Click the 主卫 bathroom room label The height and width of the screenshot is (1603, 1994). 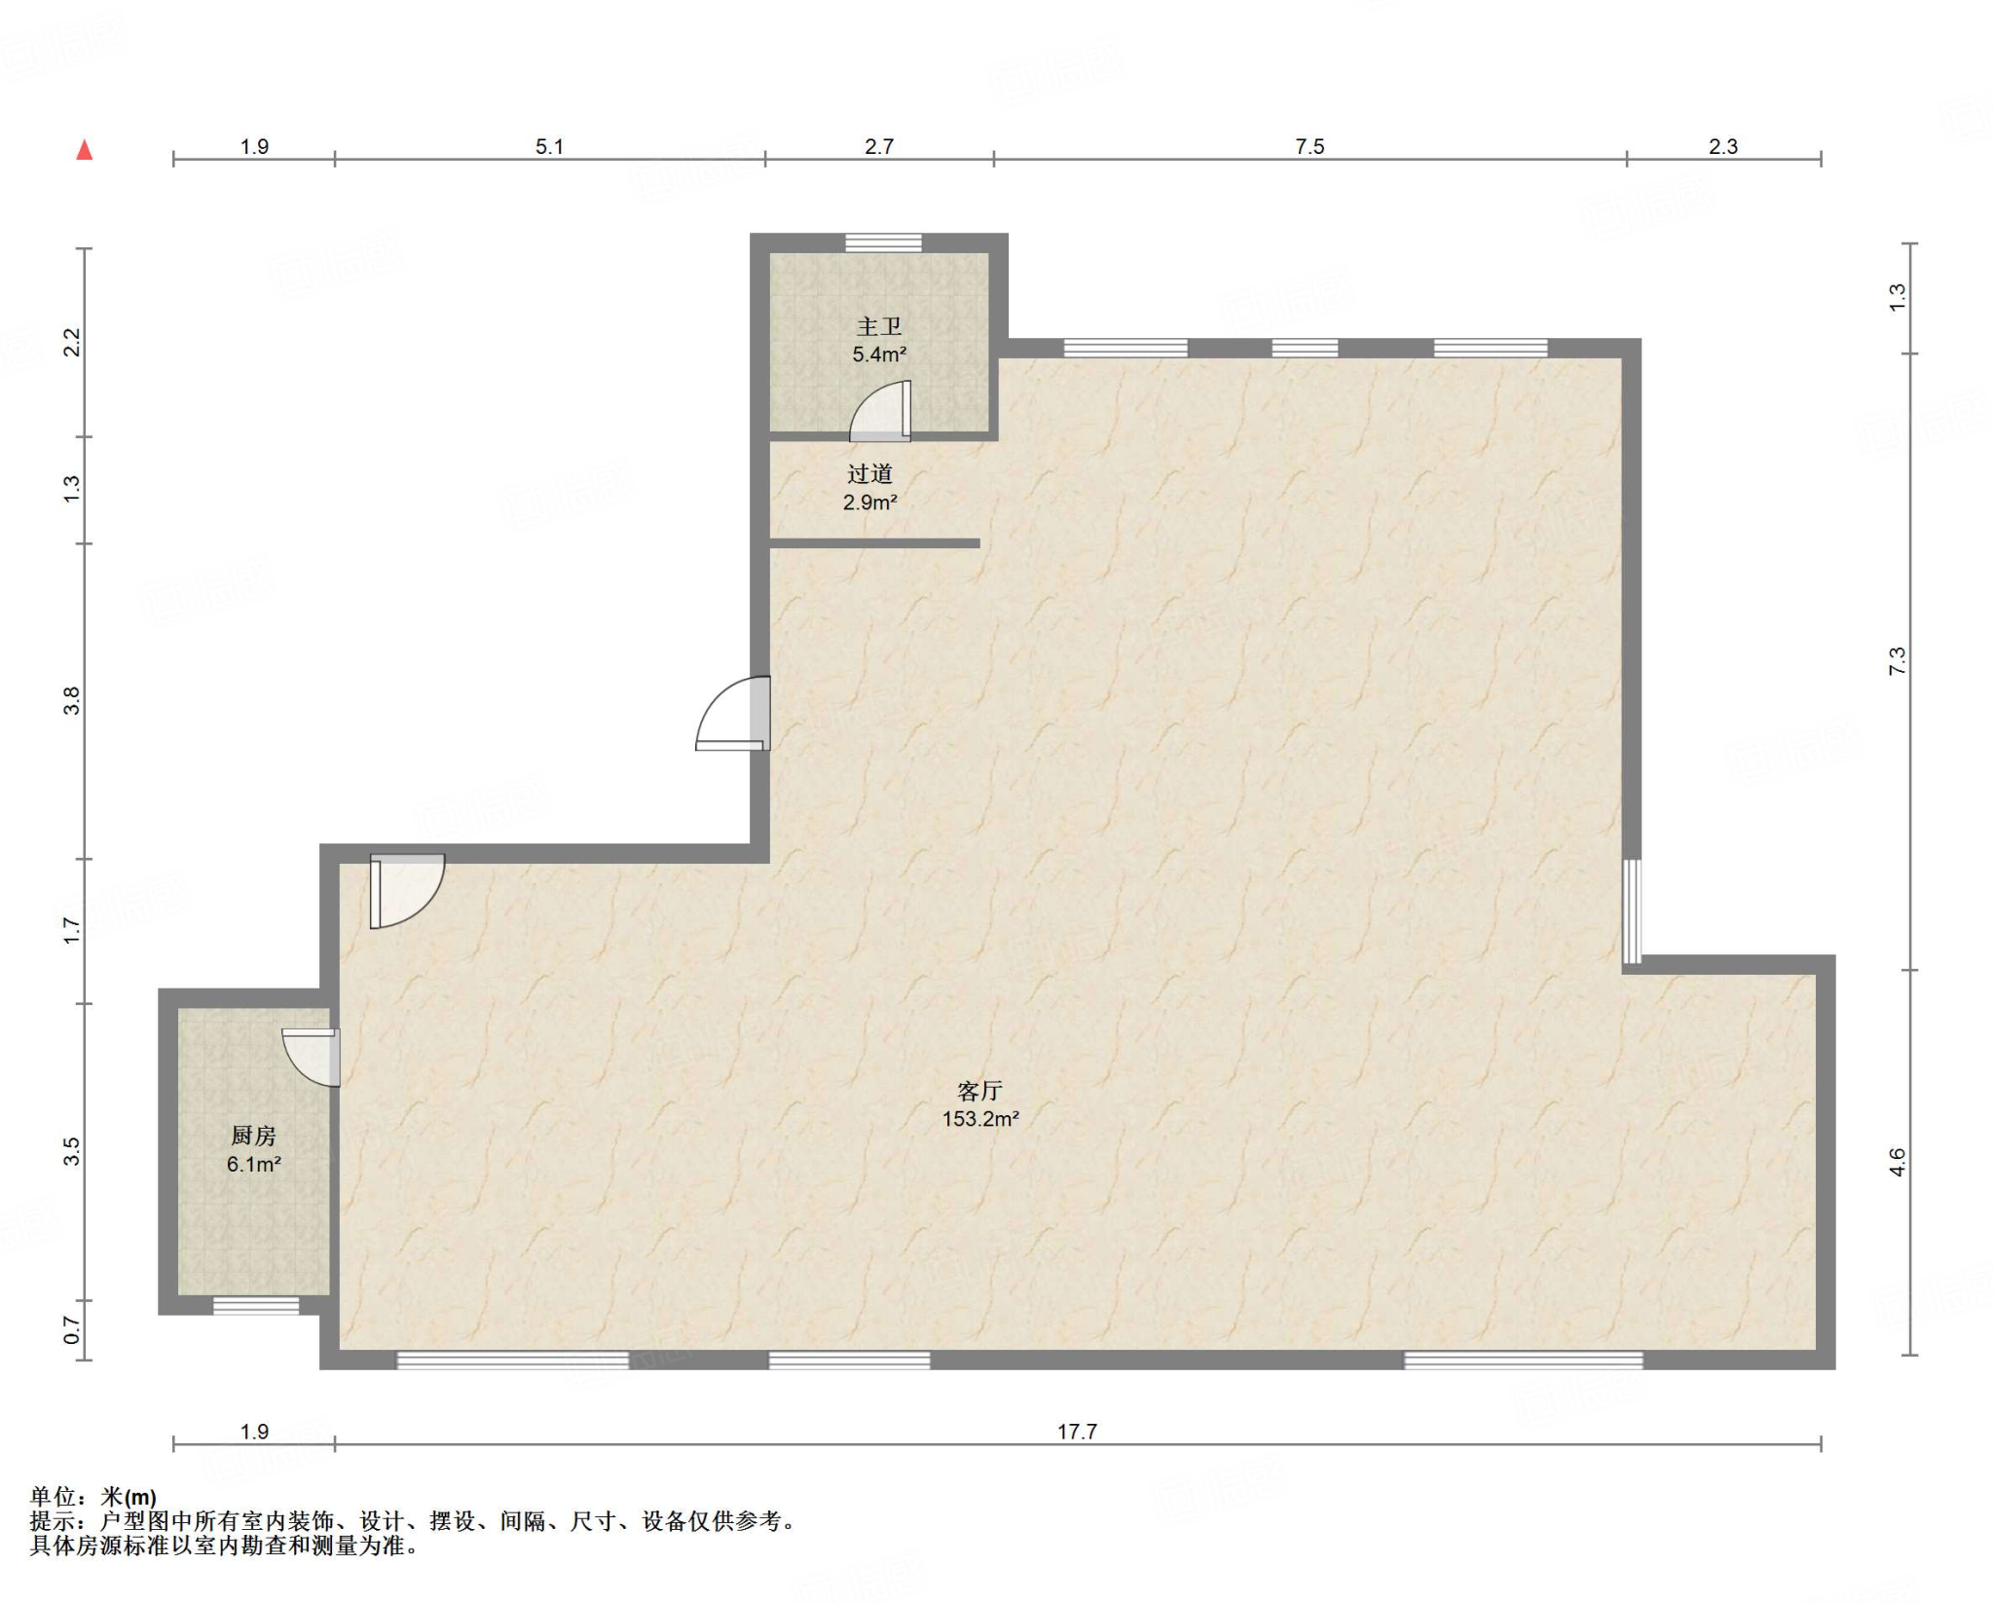click(879, 327)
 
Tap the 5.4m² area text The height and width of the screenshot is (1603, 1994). click(879, 354)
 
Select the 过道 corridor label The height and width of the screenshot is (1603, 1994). click(869, 474)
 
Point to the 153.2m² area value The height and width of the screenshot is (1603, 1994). click(979, 1119)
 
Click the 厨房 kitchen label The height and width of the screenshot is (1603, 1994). click(253, 1136)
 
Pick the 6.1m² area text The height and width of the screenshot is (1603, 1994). click(253, 1164)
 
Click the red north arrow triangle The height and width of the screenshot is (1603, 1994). click(85, 149)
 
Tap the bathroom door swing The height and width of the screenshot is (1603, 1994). click(880, 410)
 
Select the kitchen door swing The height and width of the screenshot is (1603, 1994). click(311, 1057)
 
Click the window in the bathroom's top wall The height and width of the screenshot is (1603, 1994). click(883, 242)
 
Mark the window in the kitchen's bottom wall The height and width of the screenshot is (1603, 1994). click(256, 1306)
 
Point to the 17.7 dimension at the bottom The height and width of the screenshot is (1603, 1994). click(1077, 1432)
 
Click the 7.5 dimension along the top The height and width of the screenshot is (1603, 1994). click(1310, 146)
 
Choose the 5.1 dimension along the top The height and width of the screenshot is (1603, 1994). click(549, 146)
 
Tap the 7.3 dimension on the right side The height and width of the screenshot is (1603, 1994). click(1898, 661)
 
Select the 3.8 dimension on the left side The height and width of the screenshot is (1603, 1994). click(71, 700)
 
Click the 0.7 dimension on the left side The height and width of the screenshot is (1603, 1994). click(71, 1329)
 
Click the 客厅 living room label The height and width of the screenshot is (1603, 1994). click(979, 1091)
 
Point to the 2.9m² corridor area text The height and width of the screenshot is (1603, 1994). click(869, 503)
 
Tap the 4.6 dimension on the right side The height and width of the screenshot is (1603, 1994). click(1898, 1162)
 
